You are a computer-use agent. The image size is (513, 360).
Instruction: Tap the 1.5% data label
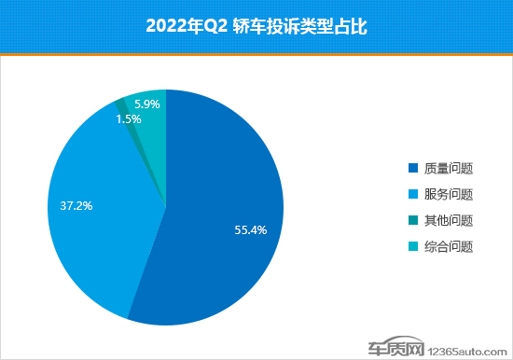[129, 119]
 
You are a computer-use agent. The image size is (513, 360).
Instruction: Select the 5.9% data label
[147, 104]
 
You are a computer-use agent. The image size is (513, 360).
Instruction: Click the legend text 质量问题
[449, 169]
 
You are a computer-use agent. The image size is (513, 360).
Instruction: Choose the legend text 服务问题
[449, 195]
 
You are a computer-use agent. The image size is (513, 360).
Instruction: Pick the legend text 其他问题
[449, 221]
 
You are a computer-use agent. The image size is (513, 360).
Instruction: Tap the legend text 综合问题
[449, 247]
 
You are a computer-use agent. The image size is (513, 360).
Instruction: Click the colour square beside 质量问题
[413, 169]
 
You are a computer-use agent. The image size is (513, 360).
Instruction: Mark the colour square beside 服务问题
[413, 195]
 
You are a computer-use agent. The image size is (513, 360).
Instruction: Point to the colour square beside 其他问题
[413, 221]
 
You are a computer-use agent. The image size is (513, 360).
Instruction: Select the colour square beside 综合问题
[413, 247]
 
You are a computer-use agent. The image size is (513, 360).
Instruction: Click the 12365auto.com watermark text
[471, 351]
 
